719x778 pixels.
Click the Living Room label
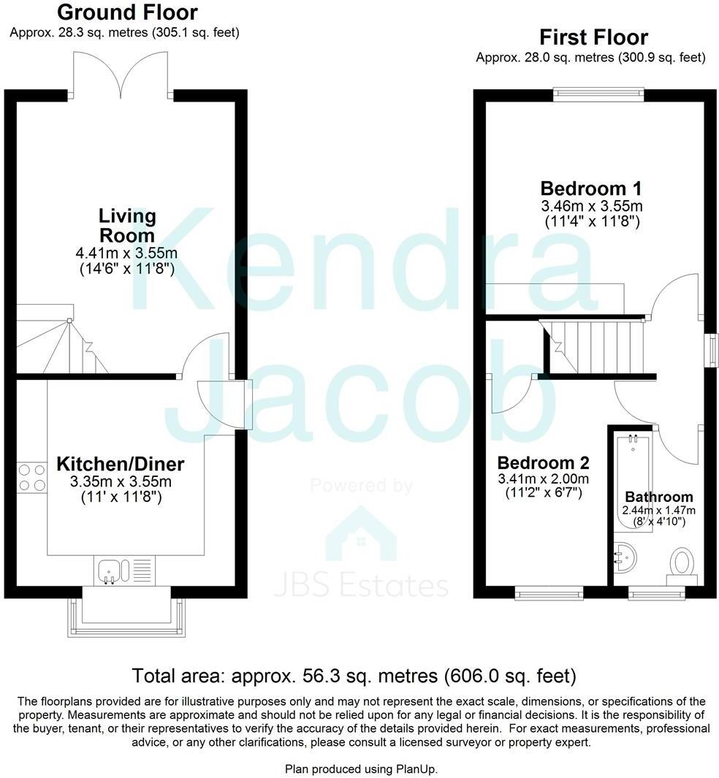click(128, 225)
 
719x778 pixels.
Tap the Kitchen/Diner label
click(121, 464)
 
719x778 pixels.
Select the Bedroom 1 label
click(592, 187)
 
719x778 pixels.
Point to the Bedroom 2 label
click(543, 462)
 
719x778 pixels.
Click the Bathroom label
click(658, 497)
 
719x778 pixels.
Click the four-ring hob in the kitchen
click(31, 476)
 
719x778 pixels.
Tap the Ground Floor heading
click(127, 12)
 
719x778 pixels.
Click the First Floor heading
click(593, 37)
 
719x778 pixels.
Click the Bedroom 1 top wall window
click(598, 93)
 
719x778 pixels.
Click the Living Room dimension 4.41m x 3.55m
click(128, 253)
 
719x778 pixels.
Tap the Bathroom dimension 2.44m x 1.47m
click(658, 510)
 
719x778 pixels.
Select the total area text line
click(354, 674)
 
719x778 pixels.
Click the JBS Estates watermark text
click(361, 586)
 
